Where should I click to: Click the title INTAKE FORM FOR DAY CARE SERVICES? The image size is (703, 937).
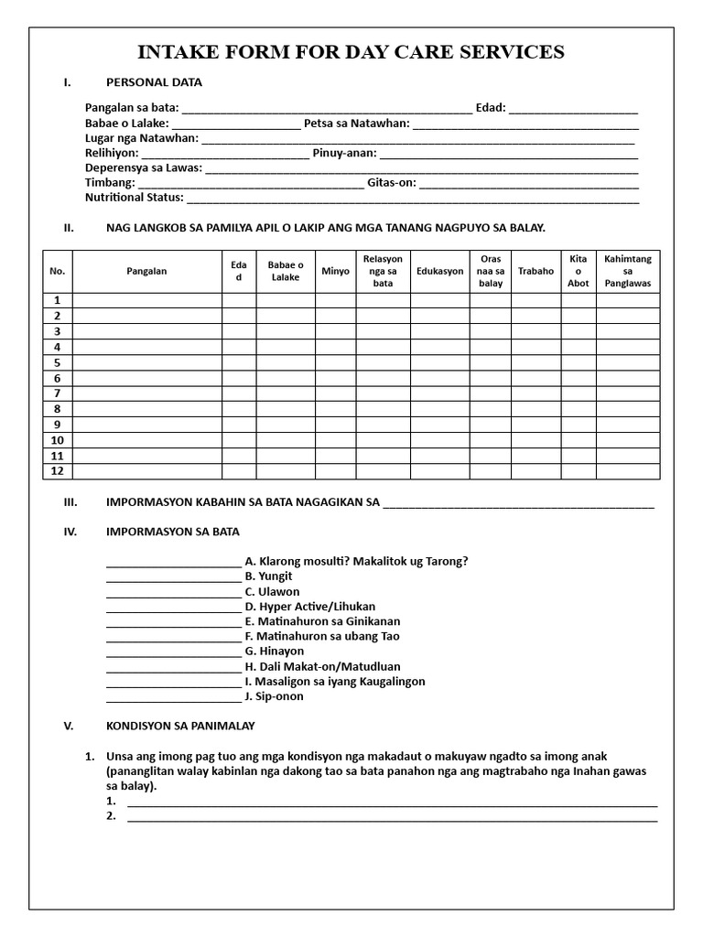coord(351,52)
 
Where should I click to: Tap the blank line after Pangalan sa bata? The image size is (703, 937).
coord(327,109)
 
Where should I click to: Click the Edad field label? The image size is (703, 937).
coord(491,108)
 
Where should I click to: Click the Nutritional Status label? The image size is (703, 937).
coord(135,197)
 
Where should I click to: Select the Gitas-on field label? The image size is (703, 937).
coord(392,182)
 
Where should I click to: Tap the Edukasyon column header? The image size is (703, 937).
coord(439,272)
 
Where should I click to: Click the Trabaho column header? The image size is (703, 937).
coord(535,272)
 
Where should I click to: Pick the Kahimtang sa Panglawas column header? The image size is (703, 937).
coord(628,272)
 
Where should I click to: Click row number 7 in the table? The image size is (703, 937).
coord(57,393)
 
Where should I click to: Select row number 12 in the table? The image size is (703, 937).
coord(57,471)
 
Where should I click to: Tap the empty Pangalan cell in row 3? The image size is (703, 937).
coord(147,331)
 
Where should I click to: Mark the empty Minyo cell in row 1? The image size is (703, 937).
coord(335,300)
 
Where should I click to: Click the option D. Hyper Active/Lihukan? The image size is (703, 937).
coord(310,607)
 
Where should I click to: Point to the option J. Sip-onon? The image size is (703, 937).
coord(274,696)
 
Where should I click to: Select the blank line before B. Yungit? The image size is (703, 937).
coord(173,577)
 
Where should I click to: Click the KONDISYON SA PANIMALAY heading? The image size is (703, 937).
coord(180,726)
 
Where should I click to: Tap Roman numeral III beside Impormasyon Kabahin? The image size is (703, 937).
coord(70,502)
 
